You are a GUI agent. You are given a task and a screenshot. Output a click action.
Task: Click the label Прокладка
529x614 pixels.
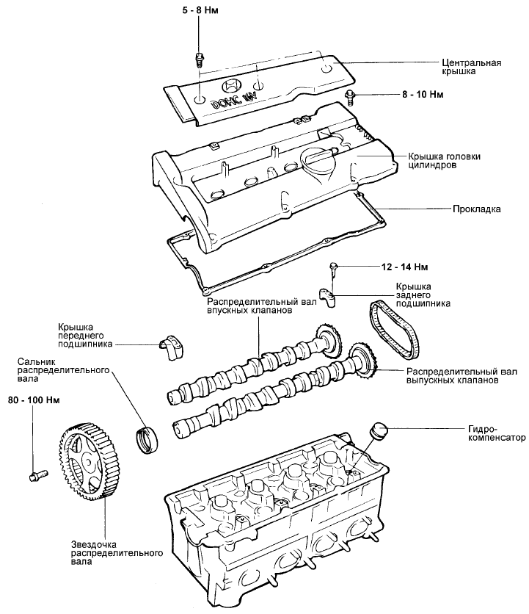tap(476, 209)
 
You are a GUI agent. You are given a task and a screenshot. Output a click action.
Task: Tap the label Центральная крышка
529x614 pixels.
tap(471, 68)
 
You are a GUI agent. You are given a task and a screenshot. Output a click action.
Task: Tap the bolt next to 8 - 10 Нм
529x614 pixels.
tap(351, 94)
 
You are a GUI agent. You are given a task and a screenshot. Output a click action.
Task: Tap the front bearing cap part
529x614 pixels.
tap(170, 345)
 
